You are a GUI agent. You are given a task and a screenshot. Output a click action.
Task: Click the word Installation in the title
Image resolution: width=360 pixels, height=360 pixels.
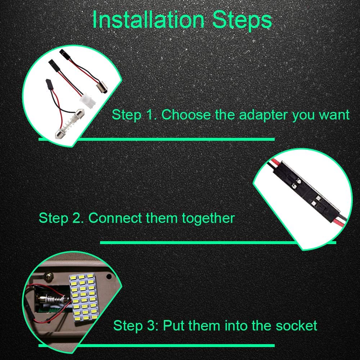pyautogui.click(x=148, y=20)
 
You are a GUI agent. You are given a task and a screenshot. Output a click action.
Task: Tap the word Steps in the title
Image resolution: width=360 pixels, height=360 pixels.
pyautogui.click(x=242, y=20)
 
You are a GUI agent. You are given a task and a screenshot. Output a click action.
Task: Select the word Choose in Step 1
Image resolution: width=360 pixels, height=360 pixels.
pyautogui.click(x=186, y=114)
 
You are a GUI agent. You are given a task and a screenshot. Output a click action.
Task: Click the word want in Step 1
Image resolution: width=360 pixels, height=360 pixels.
pyautogui.click(x=334, y=115)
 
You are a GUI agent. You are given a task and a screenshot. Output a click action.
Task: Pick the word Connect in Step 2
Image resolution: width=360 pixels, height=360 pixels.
pyautogui.click(x=115, y=218)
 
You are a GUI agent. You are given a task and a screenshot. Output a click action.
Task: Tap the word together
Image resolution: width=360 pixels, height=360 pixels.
pyautogui.click(x=208, y=219)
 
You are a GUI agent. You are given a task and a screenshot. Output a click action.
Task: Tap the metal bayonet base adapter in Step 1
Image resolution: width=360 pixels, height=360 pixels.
pyautogui.click(x=102, y=88)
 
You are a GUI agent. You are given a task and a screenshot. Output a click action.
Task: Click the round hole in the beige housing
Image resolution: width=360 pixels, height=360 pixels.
pyautogui.click(x=109, y=276)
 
